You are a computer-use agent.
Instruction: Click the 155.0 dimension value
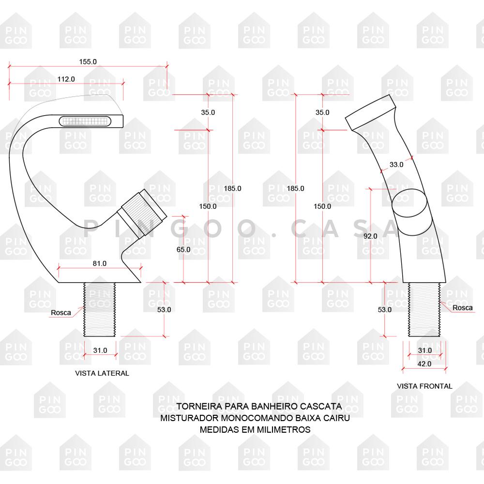pos(88,62)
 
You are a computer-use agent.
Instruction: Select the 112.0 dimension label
pos(66,79)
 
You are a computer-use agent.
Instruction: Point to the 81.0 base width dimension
pos(99,263)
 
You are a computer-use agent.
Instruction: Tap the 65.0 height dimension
pos(183,250)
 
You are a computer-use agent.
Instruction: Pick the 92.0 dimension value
pos(370,236)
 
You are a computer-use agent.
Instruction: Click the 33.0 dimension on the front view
pos(396,165)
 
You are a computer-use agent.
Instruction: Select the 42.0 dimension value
pos(424,363)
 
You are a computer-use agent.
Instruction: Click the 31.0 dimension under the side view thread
pos(100,350)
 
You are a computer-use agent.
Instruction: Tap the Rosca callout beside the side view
pos(61,313)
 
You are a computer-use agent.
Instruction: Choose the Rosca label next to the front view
pos(463,308)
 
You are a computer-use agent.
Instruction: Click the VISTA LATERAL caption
pos(102,373)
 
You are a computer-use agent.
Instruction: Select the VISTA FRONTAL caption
pos(424,386)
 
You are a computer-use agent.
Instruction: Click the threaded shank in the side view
pos(100,309)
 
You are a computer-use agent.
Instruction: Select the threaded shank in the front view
pos(424,309)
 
